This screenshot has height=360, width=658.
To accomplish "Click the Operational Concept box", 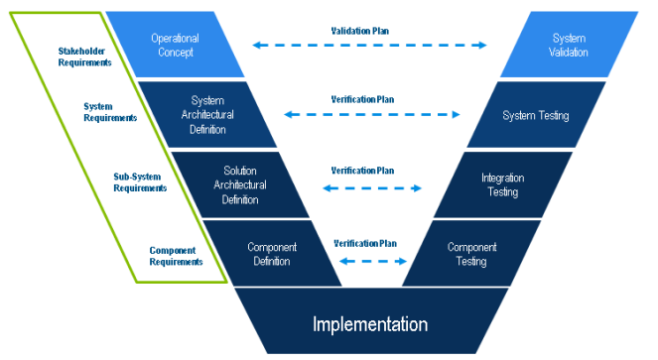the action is click(175, 45).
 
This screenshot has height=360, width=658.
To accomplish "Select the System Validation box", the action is click(569, 45).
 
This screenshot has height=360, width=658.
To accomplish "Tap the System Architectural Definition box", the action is click(207, 115).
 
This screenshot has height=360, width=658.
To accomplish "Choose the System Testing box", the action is click(536, 115).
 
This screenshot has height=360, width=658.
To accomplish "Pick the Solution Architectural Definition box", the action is click(240, 184).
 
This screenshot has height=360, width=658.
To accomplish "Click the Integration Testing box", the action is click(503, 184).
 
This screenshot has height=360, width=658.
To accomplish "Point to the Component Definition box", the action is click(272, 254).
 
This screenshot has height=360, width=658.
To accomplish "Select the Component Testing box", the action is click(471, 254).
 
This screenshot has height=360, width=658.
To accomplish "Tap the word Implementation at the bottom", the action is click(370, 324).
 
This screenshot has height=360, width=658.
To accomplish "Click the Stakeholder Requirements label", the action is click(84, 57).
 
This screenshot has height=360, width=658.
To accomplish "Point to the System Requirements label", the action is click(110, 112).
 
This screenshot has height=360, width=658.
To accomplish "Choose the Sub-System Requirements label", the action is click(140, 182).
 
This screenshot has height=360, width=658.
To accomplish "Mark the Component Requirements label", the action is click(177, 256).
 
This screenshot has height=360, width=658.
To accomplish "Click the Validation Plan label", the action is click(360, 31).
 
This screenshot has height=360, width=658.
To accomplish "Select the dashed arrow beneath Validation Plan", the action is click(370, 45).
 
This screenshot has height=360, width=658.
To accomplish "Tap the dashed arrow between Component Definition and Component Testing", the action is click(373, 262).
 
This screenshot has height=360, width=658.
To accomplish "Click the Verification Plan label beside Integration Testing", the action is click(362, 171).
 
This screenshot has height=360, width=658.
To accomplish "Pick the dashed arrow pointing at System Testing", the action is click(372, 114).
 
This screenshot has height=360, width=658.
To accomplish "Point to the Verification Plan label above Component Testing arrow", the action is click(365, 243).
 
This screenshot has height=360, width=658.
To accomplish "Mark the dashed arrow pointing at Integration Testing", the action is click(372, 188).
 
